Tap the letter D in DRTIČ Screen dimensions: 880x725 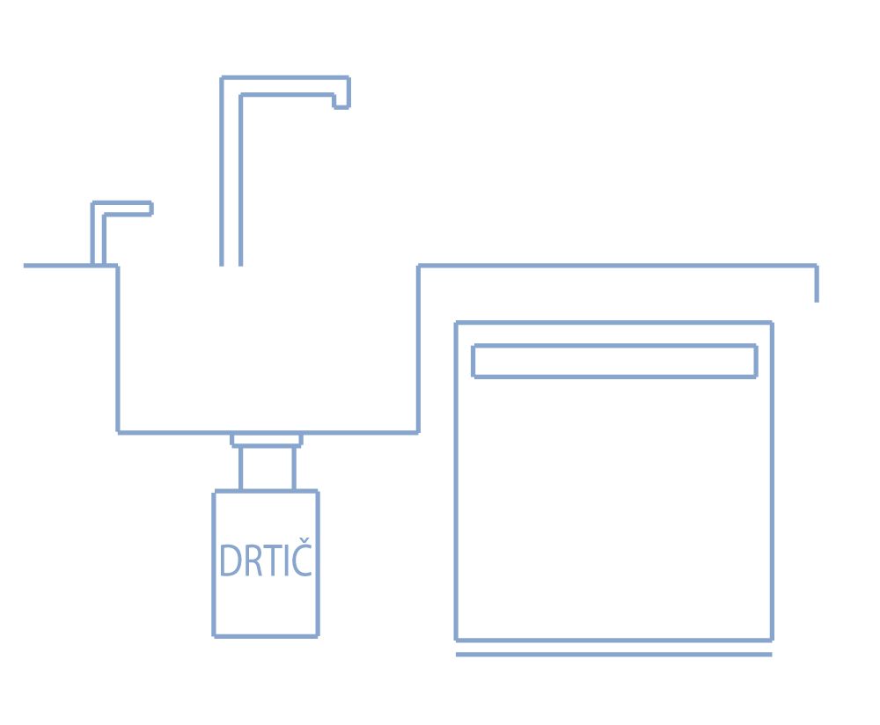(231, 560)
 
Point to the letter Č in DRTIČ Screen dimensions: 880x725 (302, 557)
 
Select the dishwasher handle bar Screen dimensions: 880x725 (615, 362)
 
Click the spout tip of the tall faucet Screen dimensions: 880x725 (341, 106)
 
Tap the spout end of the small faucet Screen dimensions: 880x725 (151, 209)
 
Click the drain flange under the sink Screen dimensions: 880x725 (267, 440)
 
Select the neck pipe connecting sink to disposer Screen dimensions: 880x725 (268, 469)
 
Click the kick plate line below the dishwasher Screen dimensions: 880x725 (614, 655)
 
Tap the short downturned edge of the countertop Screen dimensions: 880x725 (817, 284)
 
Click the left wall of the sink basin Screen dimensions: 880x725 (118, 349)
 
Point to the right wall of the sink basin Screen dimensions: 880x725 (419, 349)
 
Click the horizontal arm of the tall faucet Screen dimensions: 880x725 (285, 86)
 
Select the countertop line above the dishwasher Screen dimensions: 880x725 (618, 266)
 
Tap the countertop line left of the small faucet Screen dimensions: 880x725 (57, 266)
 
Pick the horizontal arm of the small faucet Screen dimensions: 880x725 (122, 209)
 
